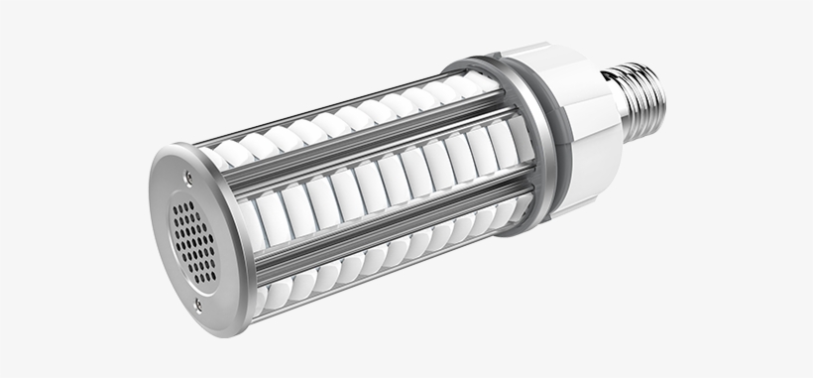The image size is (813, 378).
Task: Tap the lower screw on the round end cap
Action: [x=197, y=305]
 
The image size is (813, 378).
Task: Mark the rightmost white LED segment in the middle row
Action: [x=502, y=145]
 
